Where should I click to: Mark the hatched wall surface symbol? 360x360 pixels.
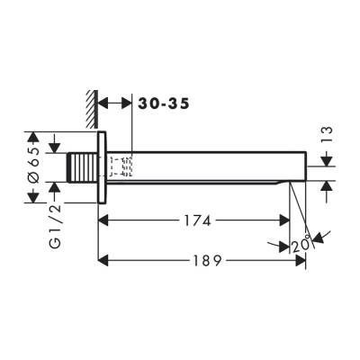(90, 102)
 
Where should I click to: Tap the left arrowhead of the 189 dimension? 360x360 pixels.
(103, 260)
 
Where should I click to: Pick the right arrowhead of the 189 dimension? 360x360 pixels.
(302, 260)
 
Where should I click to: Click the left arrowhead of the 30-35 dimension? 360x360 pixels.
(103, 103)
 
